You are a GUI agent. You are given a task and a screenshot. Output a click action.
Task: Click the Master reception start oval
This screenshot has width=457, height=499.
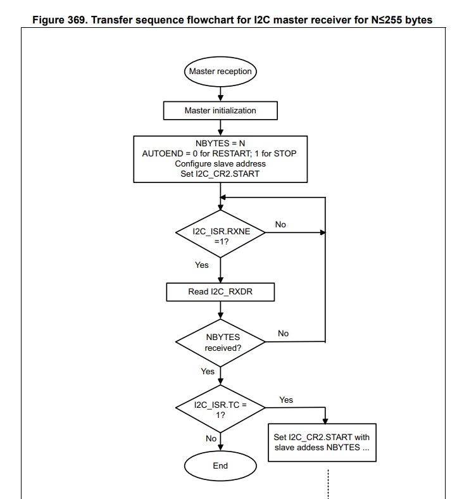[220, 71]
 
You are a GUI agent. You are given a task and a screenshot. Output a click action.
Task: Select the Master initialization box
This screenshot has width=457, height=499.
[220, 110]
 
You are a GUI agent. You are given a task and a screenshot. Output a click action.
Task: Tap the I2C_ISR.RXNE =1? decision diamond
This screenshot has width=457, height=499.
[220, 234]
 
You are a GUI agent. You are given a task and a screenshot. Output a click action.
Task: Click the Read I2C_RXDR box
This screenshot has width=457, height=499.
[220, 292]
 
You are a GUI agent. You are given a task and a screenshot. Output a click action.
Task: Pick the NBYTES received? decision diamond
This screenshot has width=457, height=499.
[220, 343]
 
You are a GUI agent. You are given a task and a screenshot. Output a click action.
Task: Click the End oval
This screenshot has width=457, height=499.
[220, 465]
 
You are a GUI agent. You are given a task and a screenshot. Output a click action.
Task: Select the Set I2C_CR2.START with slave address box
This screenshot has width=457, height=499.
[322, 442]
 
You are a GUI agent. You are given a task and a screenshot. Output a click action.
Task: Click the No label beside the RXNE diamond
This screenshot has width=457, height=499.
[280, 225]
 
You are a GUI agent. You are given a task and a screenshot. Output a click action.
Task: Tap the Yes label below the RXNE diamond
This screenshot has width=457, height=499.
[202, 265]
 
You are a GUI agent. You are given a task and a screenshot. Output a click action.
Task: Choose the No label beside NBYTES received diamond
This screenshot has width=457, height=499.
[283, 333]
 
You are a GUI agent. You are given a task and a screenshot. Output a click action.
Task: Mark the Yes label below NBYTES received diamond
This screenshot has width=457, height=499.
[208, 371]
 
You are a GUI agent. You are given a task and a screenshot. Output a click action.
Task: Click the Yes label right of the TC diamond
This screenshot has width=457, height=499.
[286, 400]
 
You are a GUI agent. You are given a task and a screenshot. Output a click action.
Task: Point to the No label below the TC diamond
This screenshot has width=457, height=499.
[211, 438]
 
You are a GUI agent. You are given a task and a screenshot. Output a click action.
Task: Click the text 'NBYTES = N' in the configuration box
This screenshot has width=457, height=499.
[220, 143]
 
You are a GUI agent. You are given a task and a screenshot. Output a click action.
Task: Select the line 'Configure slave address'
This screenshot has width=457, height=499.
[220, 163]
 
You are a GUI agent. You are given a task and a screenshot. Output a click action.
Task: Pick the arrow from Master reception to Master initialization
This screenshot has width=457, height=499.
[220, 91]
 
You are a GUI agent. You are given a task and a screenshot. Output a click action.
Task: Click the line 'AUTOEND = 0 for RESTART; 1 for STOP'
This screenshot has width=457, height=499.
[220, 153]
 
